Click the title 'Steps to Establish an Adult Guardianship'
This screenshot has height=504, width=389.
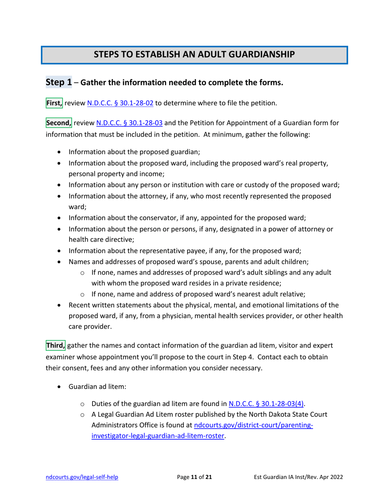coord(194,54)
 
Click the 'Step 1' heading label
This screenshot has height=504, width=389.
coord(59,82)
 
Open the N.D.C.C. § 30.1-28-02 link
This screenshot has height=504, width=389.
coord(120,103)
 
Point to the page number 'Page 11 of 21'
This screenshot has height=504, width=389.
coord(194,477)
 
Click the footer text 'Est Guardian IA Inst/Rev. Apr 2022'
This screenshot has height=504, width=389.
coord(298,477)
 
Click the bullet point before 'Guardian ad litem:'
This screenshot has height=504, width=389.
coord(60,386)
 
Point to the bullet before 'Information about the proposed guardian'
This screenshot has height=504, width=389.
coord(60,152)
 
